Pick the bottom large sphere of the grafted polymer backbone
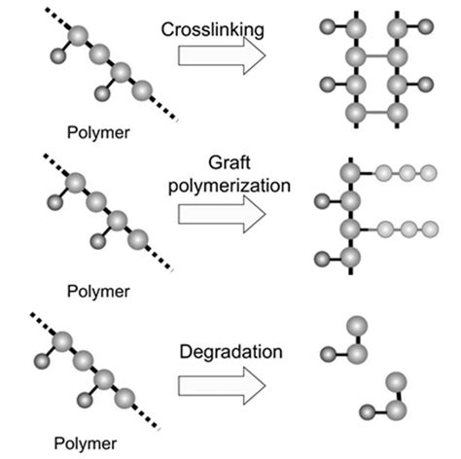351,258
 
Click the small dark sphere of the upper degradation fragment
327,355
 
